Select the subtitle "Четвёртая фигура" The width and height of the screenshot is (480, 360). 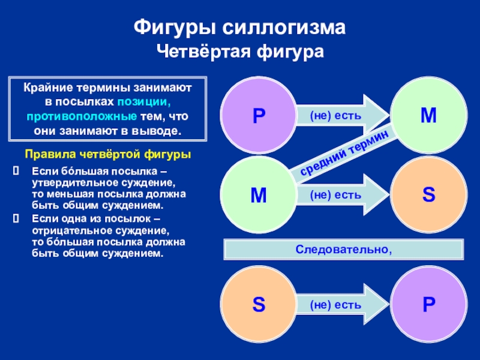[240, 52]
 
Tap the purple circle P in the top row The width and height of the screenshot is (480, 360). [258, 115]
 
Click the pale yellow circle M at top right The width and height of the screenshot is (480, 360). [428, 115]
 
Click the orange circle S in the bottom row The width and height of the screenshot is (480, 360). [258, 305]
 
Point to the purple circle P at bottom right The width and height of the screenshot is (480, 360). [428, 305]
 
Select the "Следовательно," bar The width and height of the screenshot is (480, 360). [343, 248]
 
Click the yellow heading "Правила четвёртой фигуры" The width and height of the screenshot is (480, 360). [107, 155]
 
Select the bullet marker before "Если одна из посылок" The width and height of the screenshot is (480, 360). [17, 218]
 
